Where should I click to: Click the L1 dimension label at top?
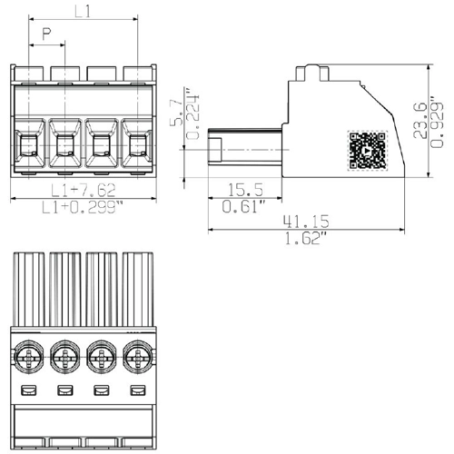pyautogui.click(x=83, y=12)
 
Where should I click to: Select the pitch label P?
pyautogui.click(x=46, y=34)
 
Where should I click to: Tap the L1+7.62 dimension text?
pyautogui.click(x=84, y=190)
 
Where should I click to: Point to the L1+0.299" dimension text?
pyautogui.click(x=83, y=208)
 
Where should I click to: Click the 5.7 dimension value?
pyautogui.click(x=176, y=113)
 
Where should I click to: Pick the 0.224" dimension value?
pyautogui.click(x=192, y=113)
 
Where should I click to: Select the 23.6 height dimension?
pyautogui.click(x=419, y=121)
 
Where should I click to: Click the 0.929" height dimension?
pyautogui.click(x=437, y=123)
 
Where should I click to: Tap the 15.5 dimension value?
pyautogui.click(x=245, y=190)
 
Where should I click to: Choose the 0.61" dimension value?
pyautogui.click(x=244, y=206)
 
